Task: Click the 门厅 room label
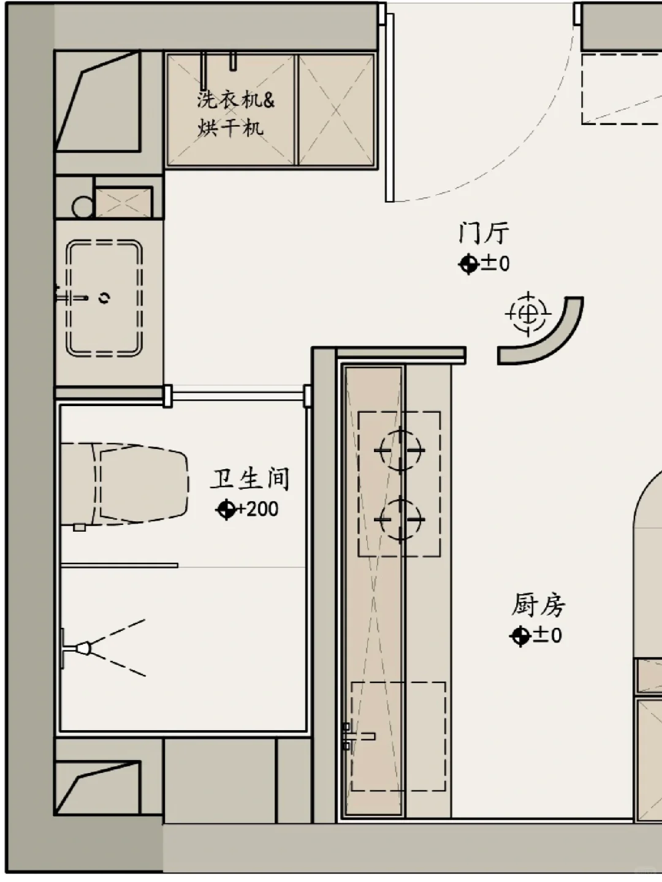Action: [x=484, y=233]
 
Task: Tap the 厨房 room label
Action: [x=538, y=605]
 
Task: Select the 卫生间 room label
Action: [x=250, y=479]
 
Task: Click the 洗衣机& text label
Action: [x=236, y=99]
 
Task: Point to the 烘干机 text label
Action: [x=230, y=127]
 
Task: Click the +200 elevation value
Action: [x=257, y=509]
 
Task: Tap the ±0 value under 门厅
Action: [x=495, y=264]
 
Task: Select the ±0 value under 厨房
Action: [x=547, y=635]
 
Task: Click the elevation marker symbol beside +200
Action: [x=226, y=509]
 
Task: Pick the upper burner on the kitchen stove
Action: [x=400, y=450]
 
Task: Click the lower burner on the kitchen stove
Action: [x=400, y=519]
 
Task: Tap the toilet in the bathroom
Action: [x=126, y=484]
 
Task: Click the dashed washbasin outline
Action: [x=104, y=298]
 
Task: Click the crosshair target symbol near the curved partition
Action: [x=527, y=314]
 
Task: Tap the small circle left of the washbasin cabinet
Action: [x=83, y=207]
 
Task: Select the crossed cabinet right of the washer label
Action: [x=336, y=110]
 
